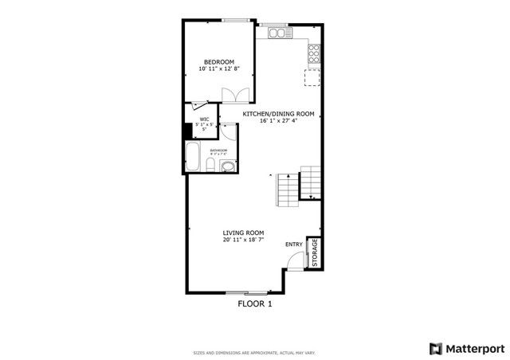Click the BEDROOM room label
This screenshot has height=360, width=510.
click(218, 62)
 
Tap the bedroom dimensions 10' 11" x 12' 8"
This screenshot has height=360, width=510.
click(218, 69)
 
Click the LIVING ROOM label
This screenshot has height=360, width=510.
click(243, 232)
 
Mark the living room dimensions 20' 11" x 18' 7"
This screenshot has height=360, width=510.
click(243, 239)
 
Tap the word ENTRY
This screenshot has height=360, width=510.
click(294, 245)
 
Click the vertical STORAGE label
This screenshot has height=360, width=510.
click(315, 252)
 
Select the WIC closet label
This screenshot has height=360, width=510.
click(204, 119)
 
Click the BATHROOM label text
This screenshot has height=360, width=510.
click(218, 150)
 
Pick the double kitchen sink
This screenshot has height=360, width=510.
click(278, 33)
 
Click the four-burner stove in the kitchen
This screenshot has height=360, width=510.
click(313, 53)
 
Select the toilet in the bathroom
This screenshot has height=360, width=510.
click(210, 165)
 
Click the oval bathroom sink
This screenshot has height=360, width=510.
click(228, 166)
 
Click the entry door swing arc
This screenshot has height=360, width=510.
click(296, 259)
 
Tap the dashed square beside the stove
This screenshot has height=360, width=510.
click(312, 76)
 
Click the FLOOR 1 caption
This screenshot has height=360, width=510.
click(255, 303)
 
